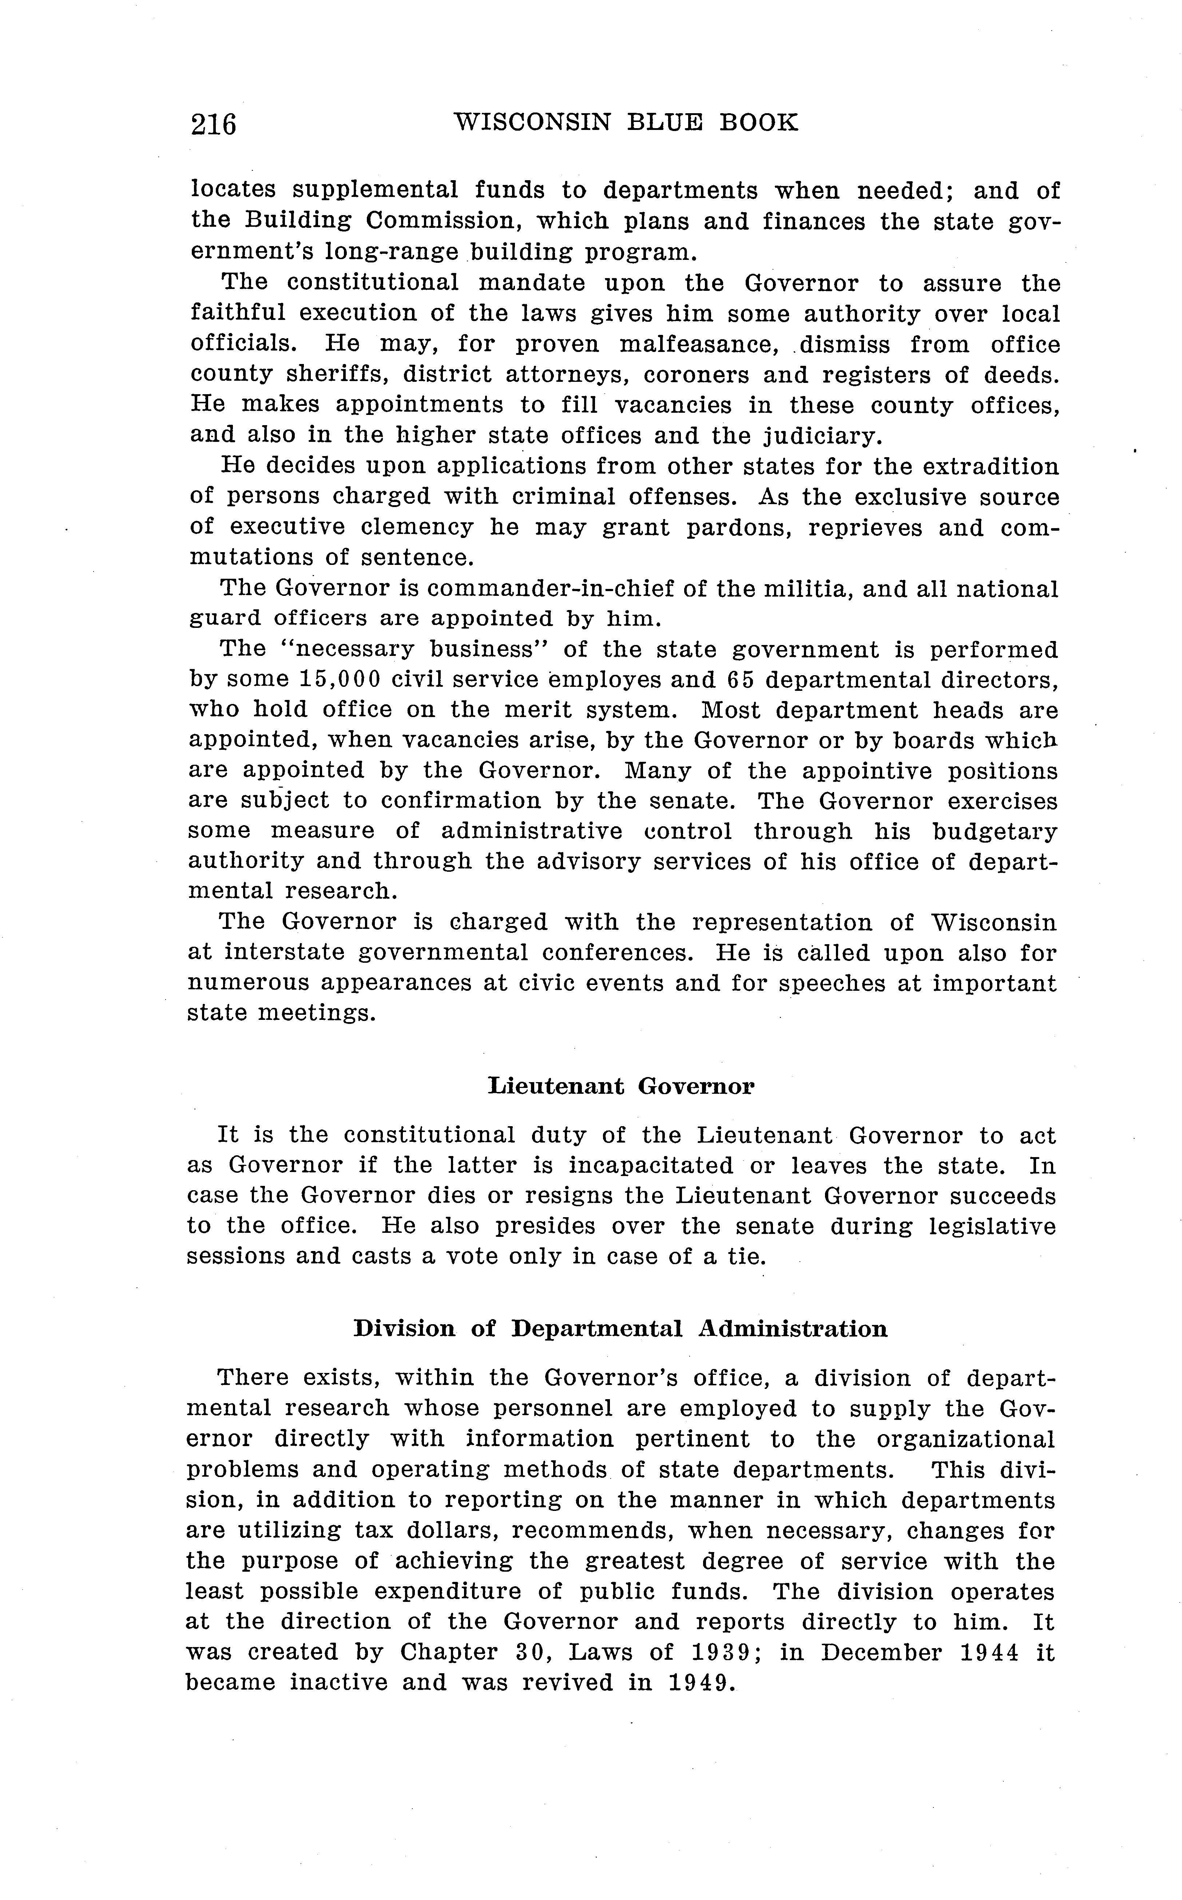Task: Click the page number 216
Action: (213, 123)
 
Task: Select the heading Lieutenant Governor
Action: (621, 1086)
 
